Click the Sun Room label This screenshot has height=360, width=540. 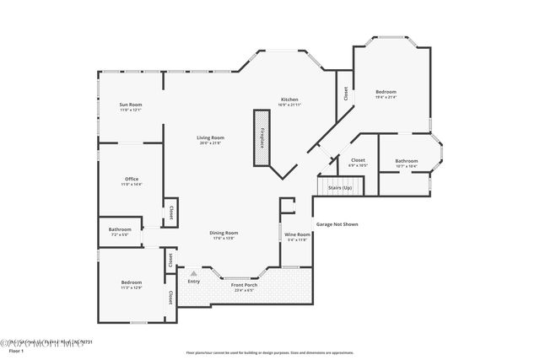click(130, 105)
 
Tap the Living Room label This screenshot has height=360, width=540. click(210, 137)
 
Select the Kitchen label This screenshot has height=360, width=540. click(289, 99)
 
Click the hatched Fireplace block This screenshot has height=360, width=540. click(262, 138)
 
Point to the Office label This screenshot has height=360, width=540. click(131, 179)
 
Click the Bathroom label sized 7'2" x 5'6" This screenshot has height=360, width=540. click(119, 229)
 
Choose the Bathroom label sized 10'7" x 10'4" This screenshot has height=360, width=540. click(406, 160)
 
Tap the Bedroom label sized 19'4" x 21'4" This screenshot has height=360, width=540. click(386, 91)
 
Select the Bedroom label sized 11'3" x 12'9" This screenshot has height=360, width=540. click(131, 282)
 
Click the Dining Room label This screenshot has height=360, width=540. click(224, 233)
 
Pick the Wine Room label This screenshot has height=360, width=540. click(296, 234)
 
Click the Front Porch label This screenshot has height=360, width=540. click(244, 284)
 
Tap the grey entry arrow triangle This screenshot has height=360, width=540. click(193, 273)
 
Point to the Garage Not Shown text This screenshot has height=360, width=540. click(337, 224)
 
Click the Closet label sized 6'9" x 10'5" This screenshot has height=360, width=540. click(358, 159)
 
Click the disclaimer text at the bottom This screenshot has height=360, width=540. click(269, 352)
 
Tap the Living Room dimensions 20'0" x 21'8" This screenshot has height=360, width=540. click(210, 143)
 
